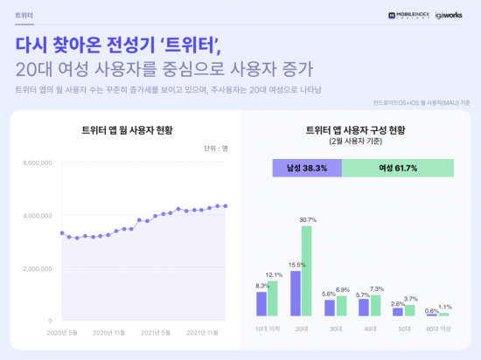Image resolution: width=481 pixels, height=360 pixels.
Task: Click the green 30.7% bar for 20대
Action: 306,271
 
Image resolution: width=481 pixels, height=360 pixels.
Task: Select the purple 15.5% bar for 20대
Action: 296,293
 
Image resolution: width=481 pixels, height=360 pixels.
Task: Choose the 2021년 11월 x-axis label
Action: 207,332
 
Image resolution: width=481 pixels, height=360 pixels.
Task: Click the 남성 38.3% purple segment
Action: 306,169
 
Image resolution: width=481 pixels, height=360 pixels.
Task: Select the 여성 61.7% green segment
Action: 397,169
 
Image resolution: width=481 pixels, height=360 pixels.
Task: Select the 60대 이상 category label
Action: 437,328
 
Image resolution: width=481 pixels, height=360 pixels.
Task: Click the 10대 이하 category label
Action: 266,328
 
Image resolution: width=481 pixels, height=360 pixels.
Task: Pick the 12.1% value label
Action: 274,275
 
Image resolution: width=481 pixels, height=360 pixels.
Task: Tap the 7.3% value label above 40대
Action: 377,288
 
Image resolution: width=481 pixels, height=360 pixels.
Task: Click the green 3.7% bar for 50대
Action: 409,310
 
